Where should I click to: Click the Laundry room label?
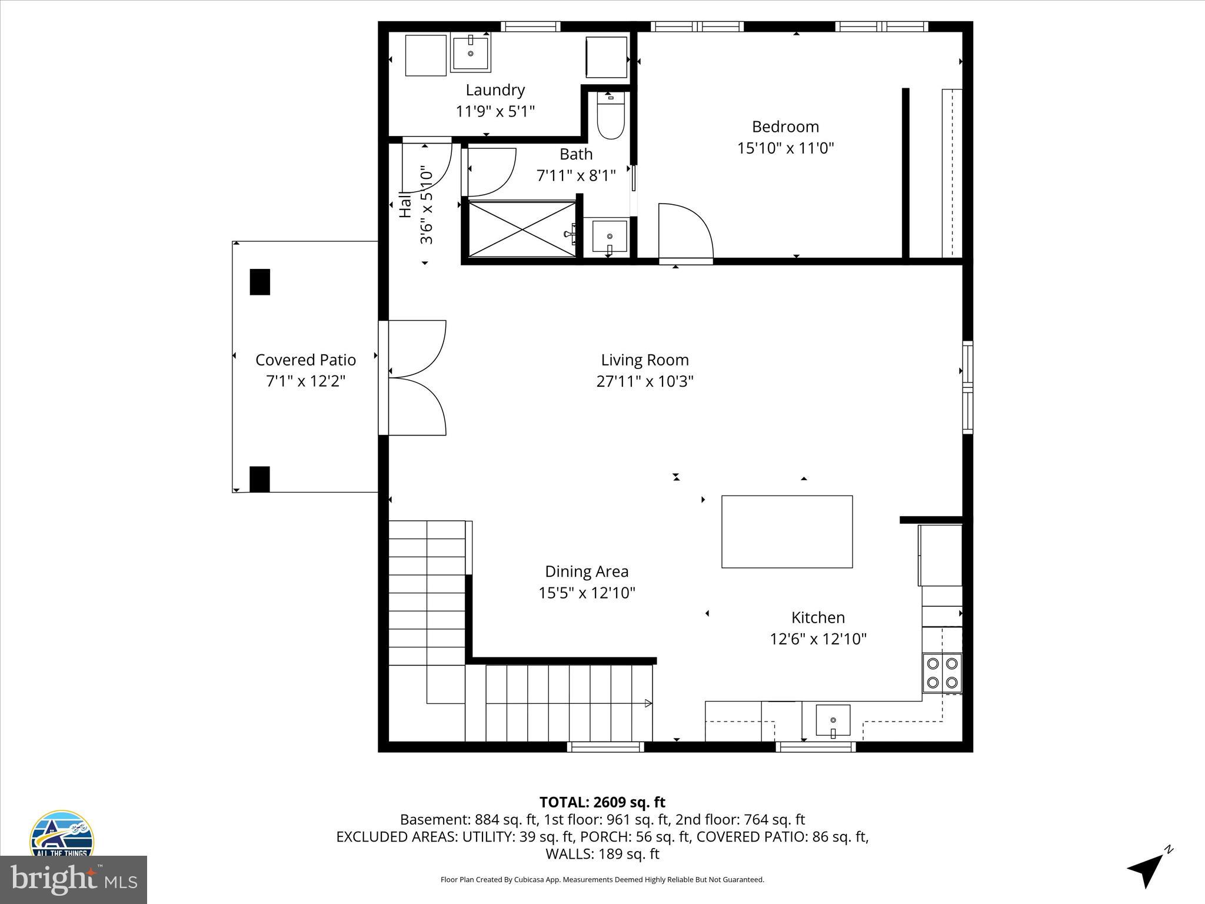tap(495, 90)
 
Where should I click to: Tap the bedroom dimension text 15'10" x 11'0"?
tap(785, 148)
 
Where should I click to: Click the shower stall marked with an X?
tap(522, 229)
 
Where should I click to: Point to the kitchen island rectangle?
tap(787, 531)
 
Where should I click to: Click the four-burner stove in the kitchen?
tap(941, 673)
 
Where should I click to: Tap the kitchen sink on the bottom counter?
tap(833, 720)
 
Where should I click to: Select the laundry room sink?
tap(471, 53)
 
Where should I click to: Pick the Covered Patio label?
tap(305, 360)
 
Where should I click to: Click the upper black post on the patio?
tap(260, 282)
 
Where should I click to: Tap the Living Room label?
tap(645, 360)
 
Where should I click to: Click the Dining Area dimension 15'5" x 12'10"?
tap(587, 593)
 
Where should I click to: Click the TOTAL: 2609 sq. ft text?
tap(602, 802)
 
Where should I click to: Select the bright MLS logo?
tap(73, 879)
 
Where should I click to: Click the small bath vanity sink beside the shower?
tap(609, 237)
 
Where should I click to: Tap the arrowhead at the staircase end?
tap(648, 703)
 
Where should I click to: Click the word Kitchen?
tap(818, 617)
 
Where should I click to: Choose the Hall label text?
tap(405, 205)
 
